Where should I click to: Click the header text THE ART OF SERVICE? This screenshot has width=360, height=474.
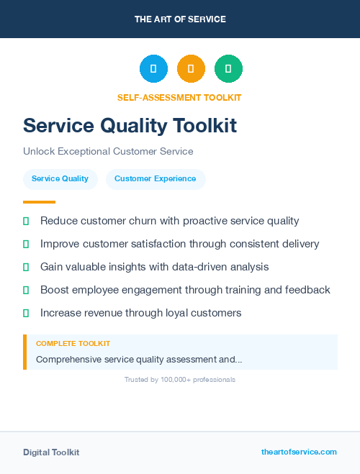coord(180,19)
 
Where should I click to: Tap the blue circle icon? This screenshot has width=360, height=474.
coord(153,69)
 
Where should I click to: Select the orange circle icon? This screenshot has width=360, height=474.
coord(191,69)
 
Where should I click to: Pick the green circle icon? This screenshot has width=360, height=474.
coord(228,69)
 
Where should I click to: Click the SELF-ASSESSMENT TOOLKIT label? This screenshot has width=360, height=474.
coord(179,98)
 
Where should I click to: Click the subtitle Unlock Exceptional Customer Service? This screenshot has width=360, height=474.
coord(108,152)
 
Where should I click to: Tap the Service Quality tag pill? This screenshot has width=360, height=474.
coord(60,179)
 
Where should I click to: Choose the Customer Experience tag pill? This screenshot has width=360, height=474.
coord(155,179)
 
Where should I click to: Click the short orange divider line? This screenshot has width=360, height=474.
coord(39,202)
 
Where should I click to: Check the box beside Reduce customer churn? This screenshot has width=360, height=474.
coord(26,221)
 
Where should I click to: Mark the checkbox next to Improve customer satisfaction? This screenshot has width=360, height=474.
coord(26,244)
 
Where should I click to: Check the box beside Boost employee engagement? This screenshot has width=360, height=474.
coord(26,290)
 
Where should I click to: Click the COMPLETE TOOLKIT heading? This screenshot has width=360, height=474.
coord(73,344)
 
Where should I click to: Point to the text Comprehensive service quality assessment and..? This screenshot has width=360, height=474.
coord(138,359)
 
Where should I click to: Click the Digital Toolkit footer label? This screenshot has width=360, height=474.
coord(51,452)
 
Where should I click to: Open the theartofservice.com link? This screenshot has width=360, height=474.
coord(299,452)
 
